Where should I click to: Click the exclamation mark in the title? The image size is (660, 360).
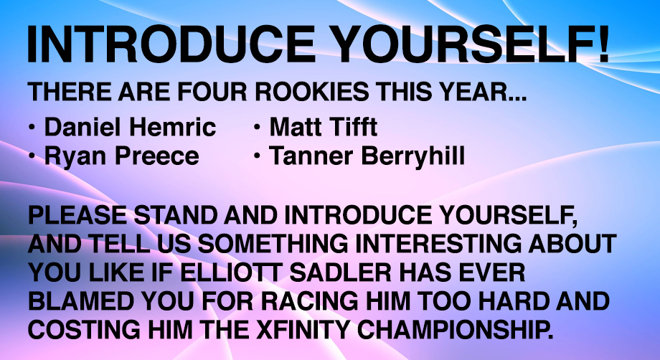tap(603, 44)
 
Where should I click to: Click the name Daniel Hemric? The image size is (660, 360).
tap(130, 127)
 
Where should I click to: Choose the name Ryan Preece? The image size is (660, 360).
tap(122, 156)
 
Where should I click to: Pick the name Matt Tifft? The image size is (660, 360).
tap(324, 127)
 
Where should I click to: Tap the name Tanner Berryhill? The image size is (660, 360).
tap(367, 156)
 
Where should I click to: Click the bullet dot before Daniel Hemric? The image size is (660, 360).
tap(32, 127)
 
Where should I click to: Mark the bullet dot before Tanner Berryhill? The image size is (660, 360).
tap(257, 156)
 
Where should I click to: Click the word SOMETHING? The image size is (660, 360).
tap(273, 245)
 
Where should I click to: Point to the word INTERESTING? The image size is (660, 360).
tap(438, 245)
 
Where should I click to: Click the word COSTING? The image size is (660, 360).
tap(84, 330)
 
